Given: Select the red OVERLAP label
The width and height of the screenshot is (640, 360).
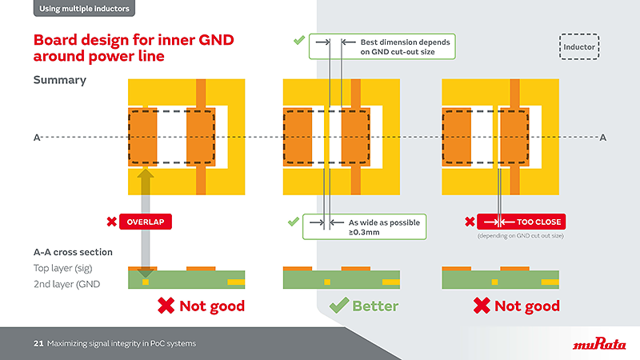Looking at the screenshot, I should [146, 222].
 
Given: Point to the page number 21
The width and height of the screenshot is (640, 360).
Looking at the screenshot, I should [38, 344].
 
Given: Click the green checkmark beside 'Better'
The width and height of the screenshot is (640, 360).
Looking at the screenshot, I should [339, 306].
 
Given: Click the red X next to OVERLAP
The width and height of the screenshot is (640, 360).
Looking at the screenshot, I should [112, 222].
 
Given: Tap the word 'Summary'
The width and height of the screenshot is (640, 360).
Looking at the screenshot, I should [59, 80].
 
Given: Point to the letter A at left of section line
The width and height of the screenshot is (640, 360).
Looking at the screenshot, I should [36, 138].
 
